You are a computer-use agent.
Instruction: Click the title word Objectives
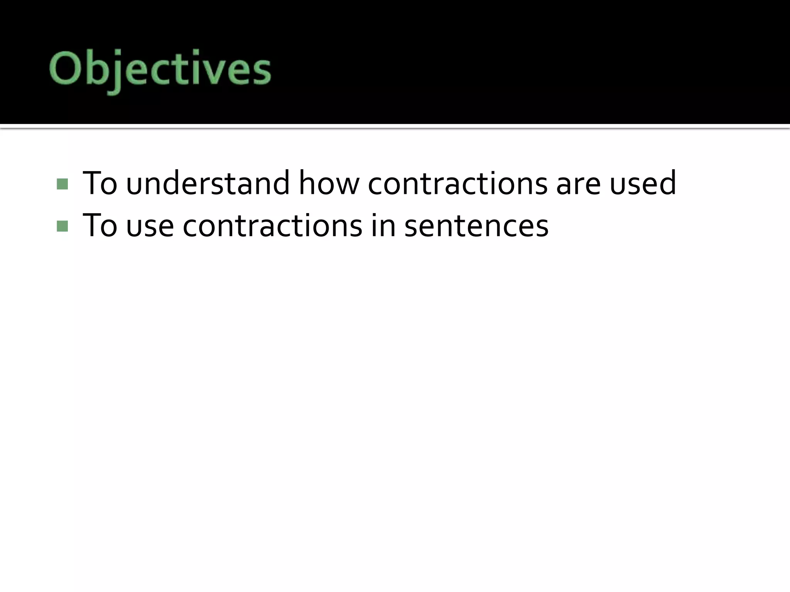point(160,70)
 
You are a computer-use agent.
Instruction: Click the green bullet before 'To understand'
point(62,184)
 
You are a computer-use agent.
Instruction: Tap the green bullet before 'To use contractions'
point(62,226)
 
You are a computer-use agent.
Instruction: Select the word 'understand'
point(208,183)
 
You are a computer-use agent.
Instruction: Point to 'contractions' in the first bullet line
point(457,183)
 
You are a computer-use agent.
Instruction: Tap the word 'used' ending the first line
point(643,183)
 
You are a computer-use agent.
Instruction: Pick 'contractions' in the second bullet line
point(272,225)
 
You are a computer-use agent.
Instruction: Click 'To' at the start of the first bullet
point(100,183)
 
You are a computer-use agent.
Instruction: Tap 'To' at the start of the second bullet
point(100,225)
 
